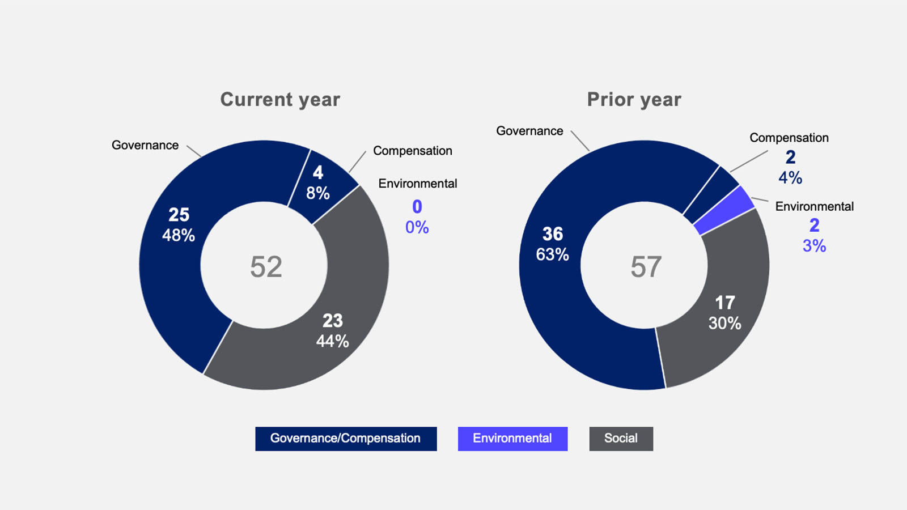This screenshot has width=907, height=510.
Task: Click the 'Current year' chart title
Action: click(280, 100)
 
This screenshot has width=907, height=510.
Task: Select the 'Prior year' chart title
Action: click(634, 100)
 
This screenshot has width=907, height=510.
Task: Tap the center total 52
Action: click(266, 267)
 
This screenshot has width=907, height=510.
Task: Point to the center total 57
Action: click(646, 267)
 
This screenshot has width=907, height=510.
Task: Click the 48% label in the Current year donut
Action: click(179, 235)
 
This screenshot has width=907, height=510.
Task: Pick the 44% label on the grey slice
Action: click(332, 341)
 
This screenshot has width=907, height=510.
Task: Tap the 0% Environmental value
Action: click(417, 227)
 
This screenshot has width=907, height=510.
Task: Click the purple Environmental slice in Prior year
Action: click(725, 210)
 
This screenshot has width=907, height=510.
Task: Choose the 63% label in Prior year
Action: click(552, 254)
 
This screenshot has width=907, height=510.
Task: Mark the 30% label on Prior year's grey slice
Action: click(725, 324)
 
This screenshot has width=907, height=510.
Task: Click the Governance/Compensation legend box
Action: click(346, 439)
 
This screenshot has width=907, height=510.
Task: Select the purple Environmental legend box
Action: click(512, 439)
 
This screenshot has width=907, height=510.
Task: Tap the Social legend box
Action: click(621, 439)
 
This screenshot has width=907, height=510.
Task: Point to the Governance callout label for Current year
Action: click(145, 145)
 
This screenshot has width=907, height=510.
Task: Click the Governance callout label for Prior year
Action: click(529, 131)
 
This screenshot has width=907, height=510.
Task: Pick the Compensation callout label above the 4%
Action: click(789, 138)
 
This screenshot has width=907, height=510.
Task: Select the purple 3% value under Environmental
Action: click(814, 246)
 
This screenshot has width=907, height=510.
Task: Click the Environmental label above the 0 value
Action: click(418, 184)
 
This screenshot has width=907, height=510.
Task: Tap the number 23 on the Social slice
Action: click(332, 321)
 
